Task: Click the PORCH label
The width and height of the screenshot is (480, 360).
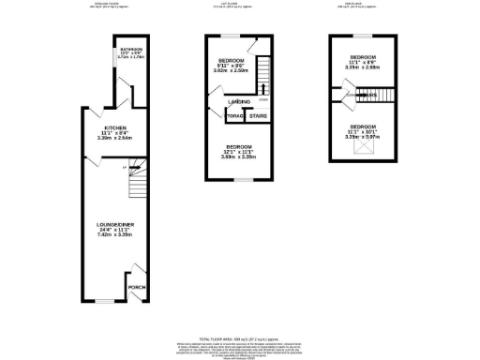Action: pos(137,286)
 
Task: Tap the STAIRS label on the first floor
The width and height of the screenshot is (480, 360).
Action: pos(258,116)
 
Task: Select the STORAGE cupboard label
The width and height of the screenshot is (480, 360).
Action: pos(234,116)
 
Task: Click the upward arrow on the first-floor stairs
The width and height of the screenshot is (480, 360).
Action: pos(262,89)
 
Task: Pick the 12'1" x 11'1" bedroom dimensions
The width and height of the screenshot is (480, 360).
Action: pos(239,156)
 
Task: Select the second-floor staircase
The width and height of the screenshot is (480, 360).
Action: pos(375,95)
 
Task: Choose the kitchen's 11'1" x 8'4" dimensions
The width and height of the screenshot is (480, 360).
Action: pos(116,133)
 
